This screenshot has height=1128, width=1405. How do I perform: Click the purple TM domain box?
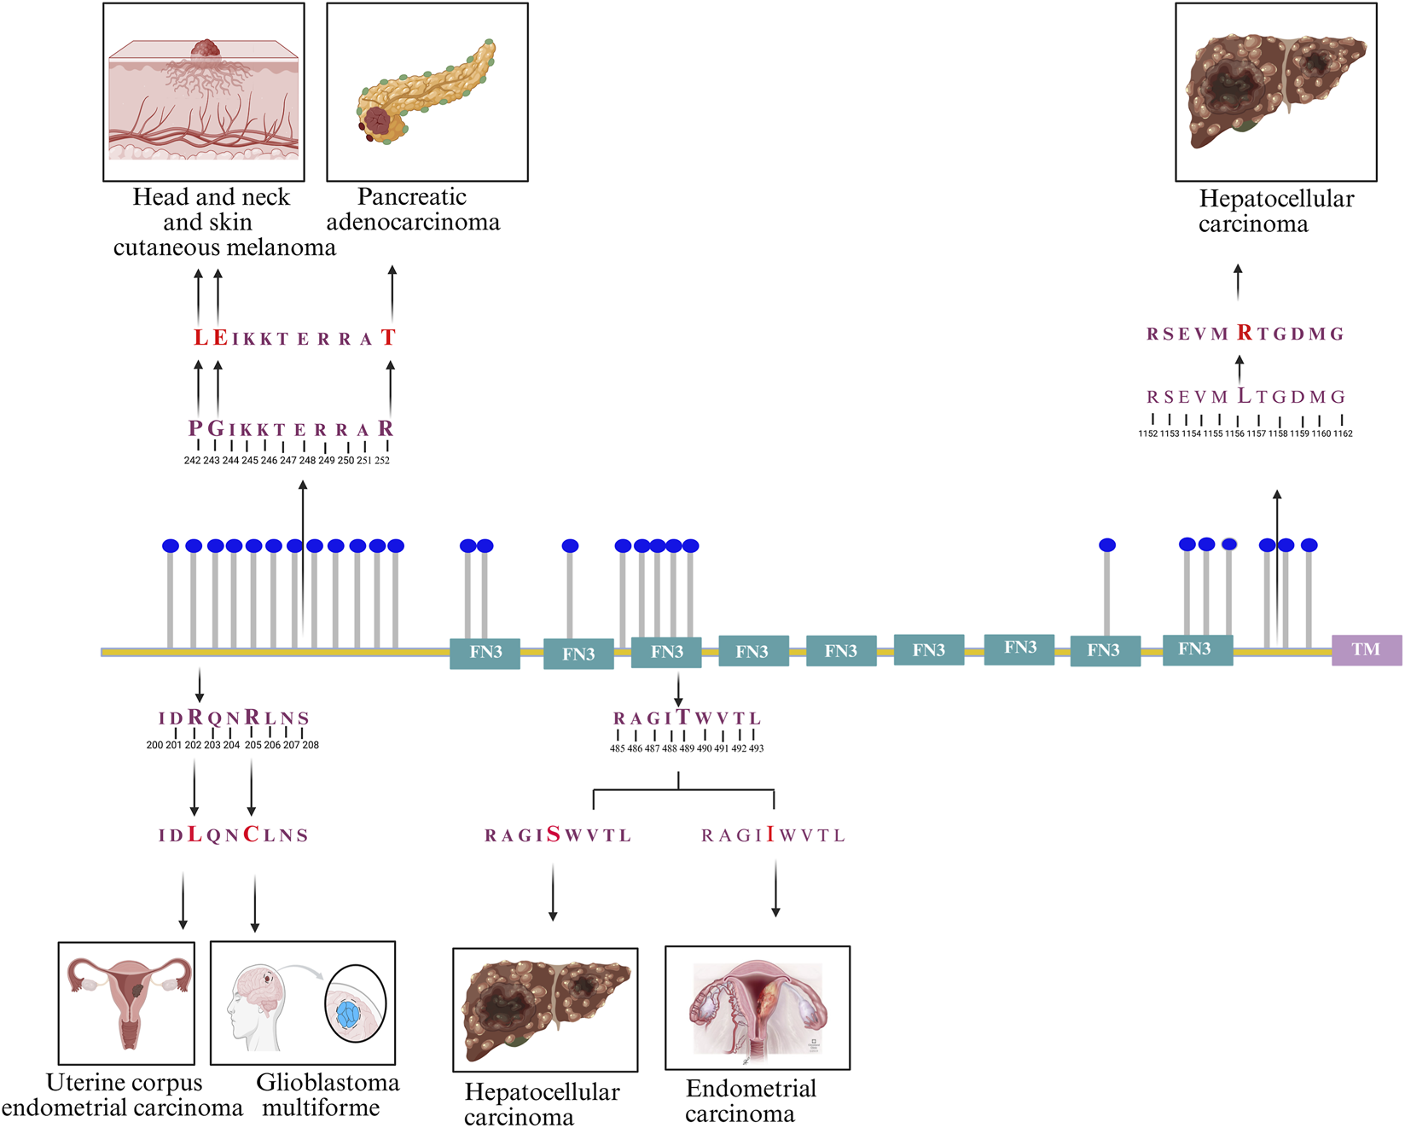tap(1366, 650)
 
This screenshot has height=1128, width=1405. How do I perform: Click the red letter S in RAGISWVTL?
tap(554, 834)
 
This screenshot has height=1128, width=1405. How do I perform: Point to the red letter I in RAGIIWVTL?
tap(770, 834)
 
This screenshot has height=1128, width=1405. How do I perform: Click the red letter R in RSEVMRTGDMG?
tap(1245, 333)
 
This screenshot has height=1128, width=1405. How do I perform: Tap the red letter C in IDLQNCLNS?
tap(251, 834)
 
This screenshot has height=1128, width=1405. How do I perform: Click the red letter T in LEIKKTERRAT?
tap(388, 338)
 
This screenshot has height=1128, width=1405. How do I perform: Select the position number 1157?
tap(1256, 434)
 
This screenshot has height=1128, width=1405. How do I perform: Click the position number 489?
tap(687, 749)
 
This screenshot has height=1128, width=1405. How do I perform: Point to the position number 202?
tap(193, 746)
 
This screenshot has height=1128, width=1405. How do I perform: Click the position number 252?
tap(382, 461)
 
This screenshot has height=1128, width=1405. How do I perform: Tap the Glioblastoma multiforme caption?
tap(327, 1095)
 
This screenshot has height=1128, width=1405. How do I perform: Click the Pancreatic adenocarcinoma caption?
tap(413, 209)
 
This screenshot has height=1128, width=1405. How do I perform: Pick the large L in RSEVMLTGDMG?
tap(1245, 396)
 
